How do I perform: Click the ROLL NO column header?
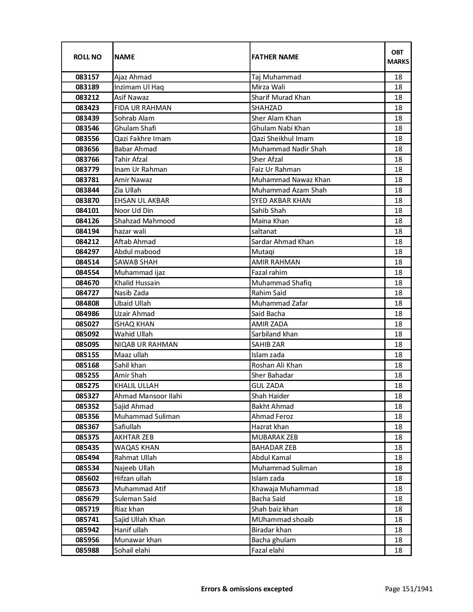[x=87, y=57]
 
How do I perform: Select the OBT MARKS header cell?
[x=398, y=57]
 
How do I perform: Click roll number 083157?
[x=87, y=77]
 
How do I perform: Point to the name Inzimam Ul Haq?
[x=139, y=87]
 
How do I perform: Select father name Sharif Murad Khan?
[x=281, y=98]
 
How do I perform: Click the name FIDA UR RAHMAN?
[x=143, y=108]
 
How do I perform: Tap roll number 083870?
[x=87, y=201]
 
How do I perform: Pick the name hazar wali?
[x=130, y=231]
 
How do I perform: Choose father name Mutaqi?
[x=263, y=252]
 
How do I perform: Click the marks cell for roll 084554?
[x=398, y=273]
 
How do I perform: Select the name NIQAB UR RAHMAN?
[x=146, y=345]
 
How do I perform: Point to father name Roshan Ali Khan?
[x=277, y=365]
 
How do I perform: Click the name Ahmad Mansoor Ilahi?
[x=148, y=396]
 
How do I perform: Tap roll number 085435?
[x=87, y=448]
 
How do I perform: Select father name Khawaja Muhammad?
[x=285, y=489]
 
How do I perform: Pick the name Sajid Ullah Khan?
[x=139, y=520]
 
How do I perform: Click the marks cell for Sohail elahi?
[x=398, y=550]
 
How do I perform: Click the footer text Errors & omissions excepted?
[x=247, y=589]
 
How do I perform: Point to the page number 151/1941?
[x=409, y=589]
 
